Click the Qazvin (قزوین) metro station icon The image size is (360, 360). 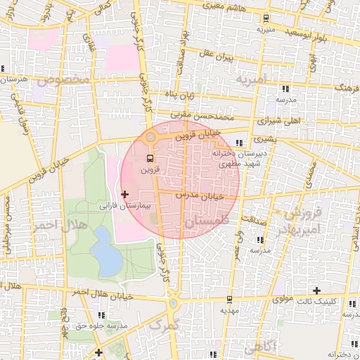coord(150,159)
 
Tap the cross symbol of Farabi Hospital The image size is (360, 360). coord(125,193)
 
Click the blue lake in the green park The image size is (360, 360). coord(106,252)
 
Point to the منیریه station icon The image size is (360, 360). coord(265,18)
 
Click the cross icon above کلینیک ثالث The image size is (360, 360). coord(316,290)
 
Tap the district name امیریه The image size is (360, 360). coord(252,79)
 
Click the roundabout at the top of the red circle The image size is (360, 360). coord(150,136)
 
